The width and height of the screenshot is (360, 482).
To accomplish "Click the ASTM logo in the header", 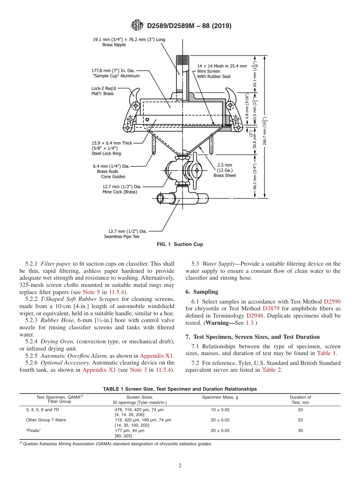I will tap(137, 25).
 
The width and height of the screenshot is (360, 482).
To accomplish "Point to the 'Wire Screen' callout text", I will tap(208, 71).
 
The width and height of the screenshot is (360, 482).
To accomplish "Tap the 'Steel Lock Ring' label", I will tap(106, 153).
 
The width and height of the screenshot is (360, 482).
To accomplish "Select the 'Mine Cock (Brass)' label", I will tap(120, 192).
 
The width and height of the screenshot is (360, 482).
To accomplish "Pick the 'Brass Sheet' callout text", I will tap(224, 175).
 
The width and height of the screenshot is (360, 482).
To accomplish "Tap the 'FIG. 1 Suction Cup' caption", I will tap(180, 244).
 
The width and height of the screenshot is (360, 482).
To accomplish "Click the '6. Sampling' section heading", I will tap(202, 292).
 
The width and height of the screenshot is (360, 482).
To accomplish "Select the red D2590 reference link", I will tap(332, 302).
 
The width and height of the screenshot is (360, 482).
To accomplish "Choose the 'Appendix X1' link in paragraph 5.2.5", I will tap(156, 356).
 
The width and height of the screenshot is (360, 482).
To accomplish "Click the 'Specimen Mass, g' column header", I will tap(220, 397).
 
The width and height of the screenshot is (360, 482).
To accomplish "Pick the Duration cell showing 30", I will tap(300, 430).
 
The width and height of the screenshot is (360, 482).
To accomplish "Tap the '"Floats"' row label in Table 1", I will tap(33, 430).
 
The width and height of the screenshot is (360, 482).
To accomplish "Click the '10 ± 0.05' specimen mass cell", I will tap(220, 410).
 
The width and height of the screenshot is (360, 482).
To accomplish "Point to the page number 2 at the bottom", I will tap(180, 466).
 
